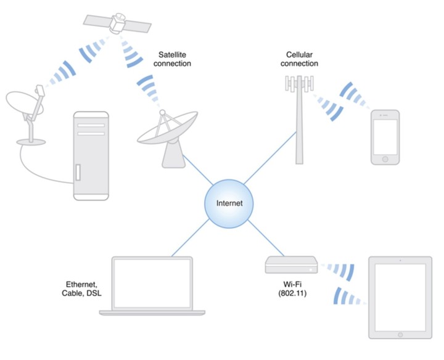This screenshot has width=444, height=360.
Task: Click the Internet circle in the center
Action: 229,203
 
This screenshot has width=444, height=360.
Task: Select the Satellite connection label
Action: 174,59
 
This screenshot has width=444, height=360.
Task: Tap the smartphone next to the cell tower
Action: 385,137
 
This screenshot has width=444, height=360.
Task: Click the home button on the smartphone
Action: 385,159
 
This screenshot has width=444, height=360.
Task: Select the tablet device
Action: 399,297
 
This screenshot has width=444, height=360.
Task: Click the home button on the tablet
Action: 399,333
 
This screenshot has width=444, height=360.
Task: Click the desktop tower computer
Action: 91,155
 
